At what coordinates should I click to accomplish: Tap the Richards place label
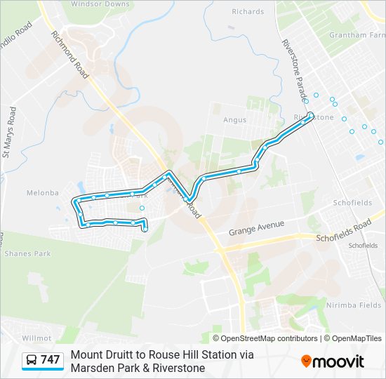tap(248, 12)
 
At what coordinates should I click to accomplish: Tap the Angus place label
tap(234, 120)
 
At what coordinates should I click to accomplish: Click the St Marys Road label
tap(9, 131)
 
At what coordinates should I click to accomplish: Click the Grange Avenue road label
tap(256, 228)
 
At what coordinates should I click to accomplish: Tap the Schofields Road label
tap(343, 231)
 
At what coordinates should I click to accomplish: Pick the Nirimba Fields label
tap(353, 305)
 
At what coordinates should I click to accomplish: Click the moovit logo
tap(333, 361)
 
